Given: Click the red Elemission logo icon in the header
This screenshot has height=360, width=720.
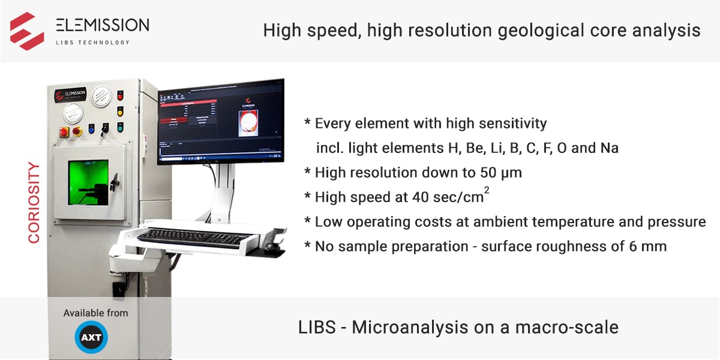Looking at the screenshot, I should coord(27,31).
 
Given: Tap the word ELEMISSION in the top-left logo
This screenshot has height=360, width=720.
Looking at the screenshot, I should coord(102,25).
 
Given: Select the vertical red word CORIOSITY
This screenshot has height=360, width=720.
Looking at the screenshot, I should coord(34,203).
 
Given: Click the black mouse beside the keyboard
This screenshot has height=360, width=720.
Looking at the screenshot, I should coord(274,245).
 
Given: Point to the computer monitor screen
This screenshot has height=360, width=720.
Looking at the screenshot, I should coord(220,121).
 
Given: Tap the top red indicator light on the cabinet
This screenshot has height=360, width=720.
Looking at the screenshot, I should coord(120,96).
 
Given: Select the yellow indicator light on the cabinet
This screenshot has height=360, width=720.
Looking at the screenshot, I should coord(120,111).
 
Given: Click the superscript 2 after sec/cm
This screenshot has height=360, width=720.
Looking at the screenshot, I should coord(486,190).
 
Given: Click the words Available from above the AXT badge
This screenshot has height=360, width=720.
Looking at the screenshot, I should coord(95,313).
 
